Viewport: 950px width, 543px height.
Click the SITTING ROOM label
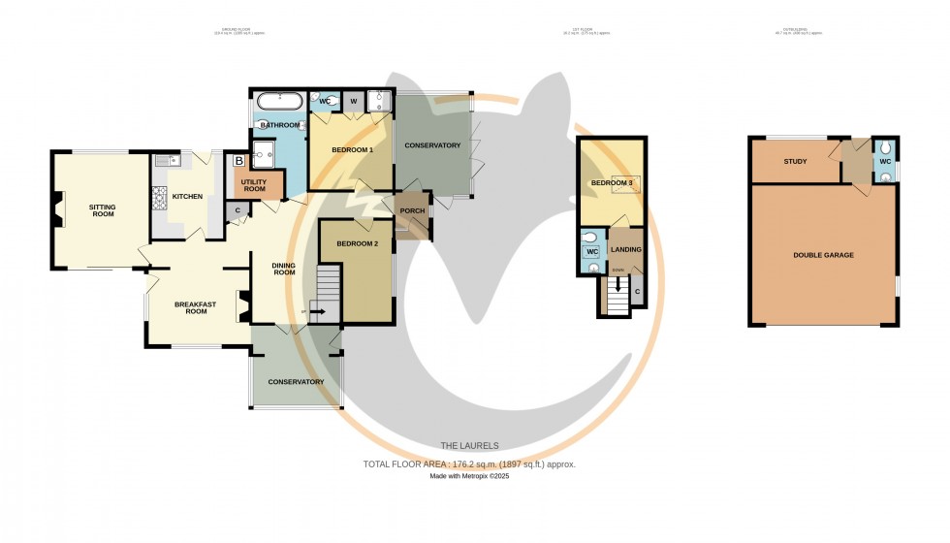pyautogui.click(x=102, y=209)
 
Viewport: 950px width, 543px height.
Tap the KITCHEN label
pyautogui.click(x=187, y=197)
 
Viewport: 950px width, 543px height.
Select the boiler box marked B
pyautogui.click(x=238, y=162)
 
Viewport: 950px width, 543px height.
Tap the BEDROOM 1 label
pyautogui.click(x=352, y=150)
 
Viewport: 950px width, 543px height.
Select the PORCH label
pyautogui.click(x=412, y=210)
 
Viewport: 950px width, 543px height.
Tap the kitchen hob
pyautogui.click(x=157, y=198)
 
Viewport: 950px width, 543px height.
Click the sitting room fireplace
pyautogui.click(x=59, y=208)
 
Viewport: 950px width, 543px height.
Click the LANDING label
pyautogui.click(x=625, y=249)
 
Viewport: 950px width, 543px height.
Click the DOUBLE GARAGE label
pyautogui.click(x=823, y=255)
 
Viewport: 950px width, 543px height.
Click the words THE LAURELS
pyautogui.click(x=469, y=446)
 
